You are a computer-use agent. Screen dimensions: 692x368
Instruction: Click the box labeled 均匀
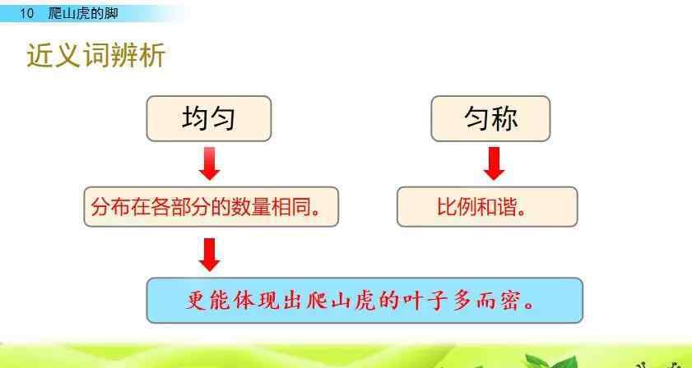coord(209,118)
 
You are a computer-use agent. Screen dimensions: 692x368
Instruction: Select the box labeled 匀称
coord(490,118)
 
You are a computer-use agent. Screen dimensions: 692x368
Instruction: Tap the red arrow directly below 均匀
coord(210,163)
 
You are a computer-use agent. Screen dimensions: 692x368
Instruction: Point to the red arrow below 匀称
coord(494,163)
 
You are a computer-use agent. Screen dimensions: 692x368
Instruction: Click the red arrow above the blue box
coord(210,255)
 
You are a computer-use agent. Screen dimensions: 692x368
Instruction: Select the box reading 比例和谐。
coord(487,207)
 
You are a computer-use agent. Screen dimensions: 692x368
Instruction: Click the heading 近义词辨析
coord(96,56)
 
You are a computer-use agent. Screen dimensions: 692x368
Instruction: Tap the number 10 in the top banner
coord(27,13)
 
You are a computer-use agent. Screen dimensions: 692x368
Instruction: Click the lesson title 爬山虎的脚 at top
coord(83,13)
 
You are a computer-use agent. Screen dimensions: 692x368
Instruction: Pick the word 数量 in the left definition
coord(252,207)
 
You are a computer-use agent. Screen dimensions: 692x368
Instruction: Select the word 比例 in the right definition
coord(457,207)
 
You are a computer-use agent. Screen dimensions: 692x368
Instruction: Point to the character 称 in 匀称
coord(505,118)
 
